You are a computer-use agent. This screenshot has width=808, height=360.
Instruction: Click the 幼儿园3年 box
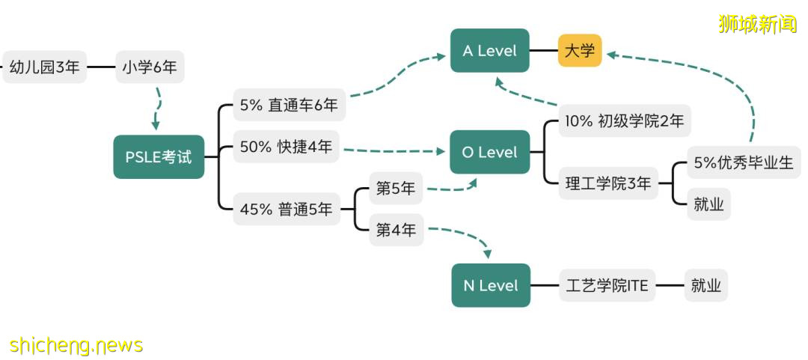coord(45,67)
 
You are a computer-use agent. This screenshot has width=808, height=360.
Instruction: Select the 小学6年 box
coord(150,67)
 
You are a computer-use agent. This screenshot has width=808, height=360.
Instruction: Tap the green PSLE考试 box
coord(159,157)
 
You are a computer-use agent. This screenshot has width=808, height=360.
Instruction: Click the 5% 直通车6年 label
coord(289,106)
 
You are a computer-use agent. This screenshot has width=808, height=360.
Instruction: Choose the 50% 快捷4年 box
coord(286,147)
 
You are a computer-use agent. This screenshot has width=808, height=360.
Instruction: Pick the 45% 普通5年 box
coord(286,210)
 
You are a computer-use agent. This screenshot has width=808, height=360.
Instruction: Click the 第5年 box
coord(396,189)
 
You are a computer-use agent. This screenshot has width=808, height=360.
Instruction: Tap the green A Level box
coord(489,51)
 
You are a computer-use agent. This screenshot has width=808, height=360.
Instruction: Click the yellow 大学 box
coord(580,51)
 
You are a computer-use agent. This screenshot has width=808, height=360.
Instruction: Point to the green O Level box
coord(489,152)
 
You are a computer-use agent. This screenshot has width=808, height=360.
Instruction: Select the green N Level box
coord(491,285)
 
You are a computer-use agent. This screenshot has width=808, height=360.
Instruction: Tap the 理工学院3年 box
coord(608,183)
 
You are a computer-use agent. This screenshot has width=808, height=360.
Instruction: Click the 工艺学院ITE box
coord(607,285)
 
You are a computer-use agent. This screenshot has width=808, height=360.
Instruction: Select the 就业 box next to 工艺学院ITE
coord(706,285)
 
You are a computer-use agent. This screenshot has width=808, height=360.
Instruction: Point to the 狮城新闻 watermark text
coord(757,24)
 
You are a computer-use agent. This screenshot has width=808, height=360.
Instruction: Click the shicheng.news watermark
coord(76,345)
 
